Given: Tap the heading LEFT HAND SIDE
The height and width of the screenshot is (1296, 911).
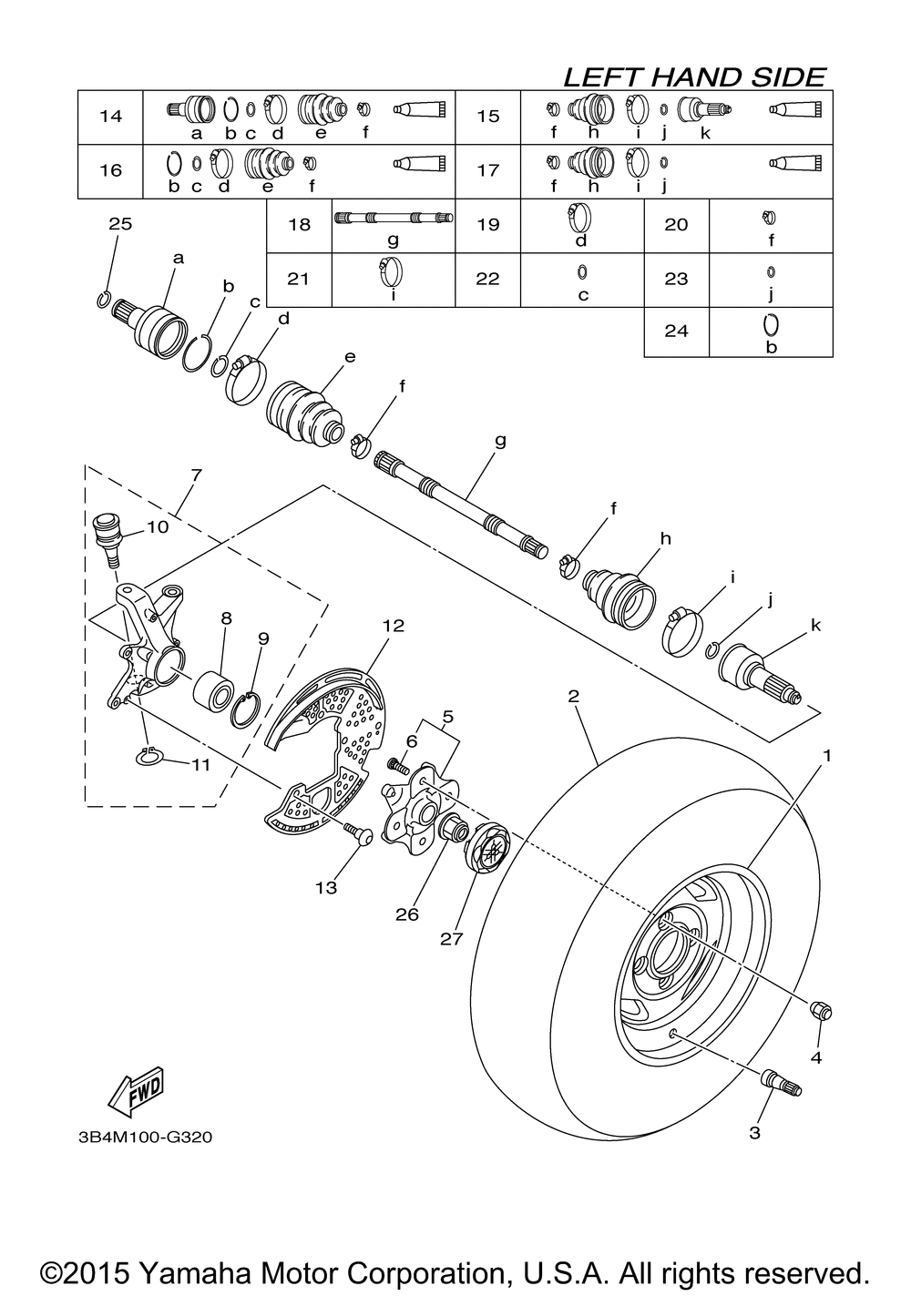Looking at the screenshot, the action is click(694, 77).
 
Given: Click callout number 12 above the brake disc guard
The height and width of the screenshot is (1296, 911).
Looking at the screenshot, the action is click(393, 626).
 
